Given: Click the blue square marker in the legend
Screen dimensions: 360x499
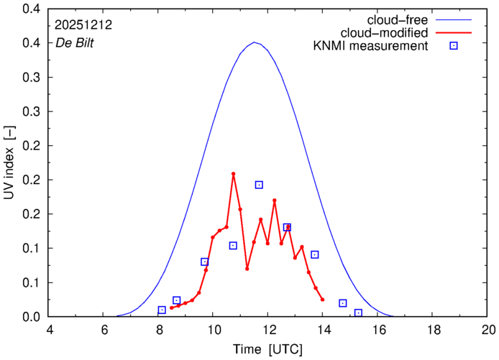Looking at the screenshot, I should [454, 47].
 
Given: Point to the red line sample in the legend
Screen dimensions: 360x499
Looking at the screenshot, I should [454, 33].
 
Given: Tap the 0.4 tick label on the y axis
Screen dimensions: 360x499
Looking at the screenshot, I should [31, 9].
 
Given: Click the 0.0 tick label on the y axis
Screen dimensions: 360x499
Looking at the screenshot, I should [31, 317].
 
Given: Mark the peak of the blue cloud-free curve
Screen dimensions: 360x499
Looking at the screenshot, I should [255, 42].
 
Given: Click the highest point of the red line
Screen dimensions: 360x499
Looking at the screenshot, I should [234, 174].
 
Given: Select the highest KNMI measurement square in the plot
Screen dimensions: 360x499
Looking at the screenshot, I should [259, 185].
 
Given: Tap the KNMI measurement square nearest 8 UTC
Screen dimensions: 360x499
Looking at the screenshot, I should [162, 310].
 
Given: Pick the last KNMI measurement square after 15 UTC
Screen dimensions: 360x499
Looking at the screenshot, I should [358, 313].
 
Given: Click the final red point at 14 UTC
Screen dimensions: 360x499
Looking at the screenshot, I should [322, 300].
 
